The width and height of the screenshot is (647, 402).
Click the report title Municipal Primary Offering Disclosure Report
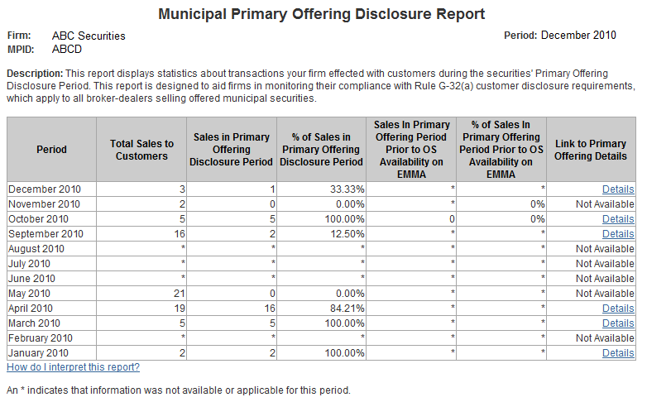pos(321,14)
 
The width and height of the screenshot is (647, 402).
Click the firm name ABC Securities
pos(89,36)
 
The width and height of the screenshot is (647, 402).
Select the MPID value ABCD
pos(67,49)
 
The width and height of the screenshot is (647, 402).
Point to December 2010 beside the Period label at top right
pos(578,36)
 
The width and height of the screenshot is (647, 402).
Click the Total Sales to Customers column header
pos(141,150)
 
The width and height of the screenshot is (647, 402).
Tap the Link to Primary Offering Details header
pos(591,150)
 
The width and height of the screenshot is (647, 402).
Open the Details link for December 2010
pos(618,189)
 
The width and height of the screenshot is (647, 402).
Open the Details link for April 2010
pos(618,309)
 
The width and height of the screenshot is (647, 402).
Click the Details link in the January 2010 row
pos(618,353)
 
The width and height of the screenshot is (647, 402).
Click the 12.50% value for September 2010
pos(347,234)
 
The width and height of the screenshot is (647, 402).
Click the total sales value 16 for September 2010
pos(178,234)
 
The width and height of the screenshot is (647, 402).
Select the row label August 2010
pos(36,249)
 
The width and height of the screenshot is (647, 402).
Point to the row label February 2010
pos(40,338)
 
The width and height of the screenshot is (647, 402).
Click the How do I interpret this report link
pos(73,367)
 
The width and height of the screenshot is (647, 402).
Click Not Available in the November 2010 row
pos(605,204)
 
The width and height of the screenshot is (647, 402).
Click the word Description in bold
pos(33,74)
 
